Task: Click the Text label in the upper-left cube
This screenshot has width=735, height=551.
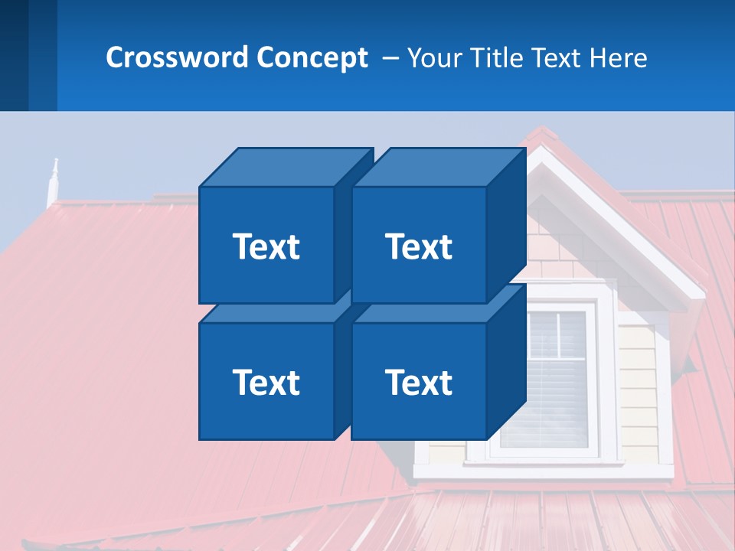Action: pos(266,246)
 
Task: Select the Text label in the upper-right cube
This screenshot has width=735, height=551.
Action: pos(419,246)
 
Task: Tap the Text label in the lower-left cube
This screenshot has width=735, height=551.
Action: pos(266,382)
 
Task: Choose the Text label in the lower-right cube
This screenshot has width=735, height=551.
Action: pos(419,382)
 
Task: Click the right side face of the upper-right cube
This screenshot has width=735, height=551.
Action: pos(507,226)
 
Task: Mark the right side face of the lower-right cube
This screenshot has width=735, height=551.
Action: pos(507,361)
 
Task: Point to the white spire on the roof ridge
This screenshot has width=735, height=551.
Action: pos(53,182)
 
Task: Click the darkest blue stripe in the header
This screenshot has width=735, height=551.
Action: pos(14,55)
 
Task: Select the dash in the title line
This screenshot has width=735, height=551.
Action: pos(389,58)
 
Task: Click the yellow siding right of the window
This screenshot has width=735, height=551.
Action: pos(637,383)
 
